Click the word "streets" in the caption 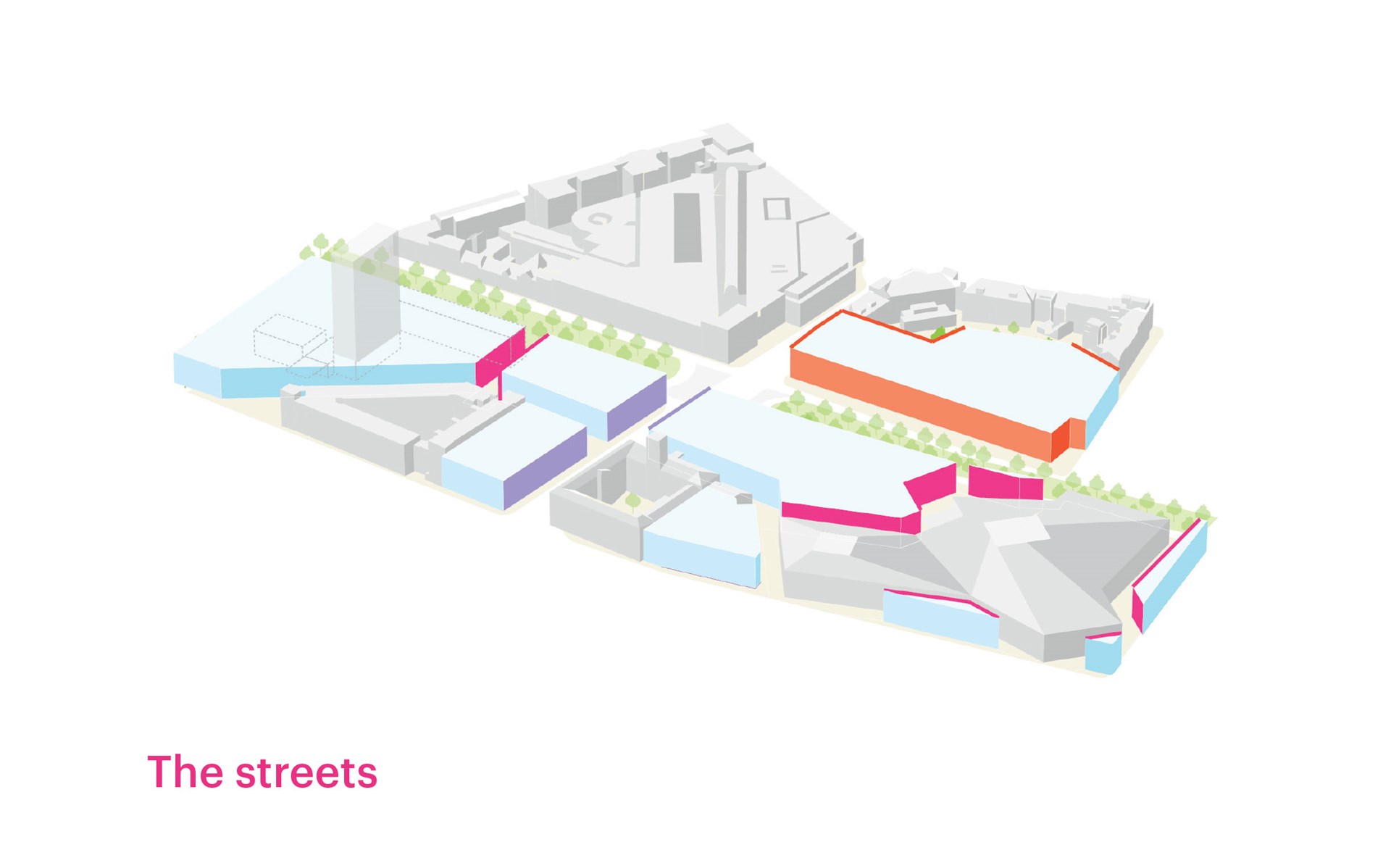pos(306,773)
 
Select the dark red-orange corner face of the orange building pos(1061,439)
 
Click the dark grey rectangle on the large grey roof pos(688,228)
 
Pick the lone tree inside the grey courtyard pos(632,501)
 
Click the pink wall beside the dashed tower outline pos(500,357)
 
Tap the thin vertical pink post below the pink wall pos(500,386)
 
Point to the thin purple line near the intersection pos(679,409)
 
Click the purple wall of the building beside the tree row pos(636,407)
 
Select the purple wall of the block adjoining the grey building pos(545,468)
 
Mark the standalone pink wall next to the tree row pos(1005,483)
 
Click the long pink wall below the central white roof pos(851,517)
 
